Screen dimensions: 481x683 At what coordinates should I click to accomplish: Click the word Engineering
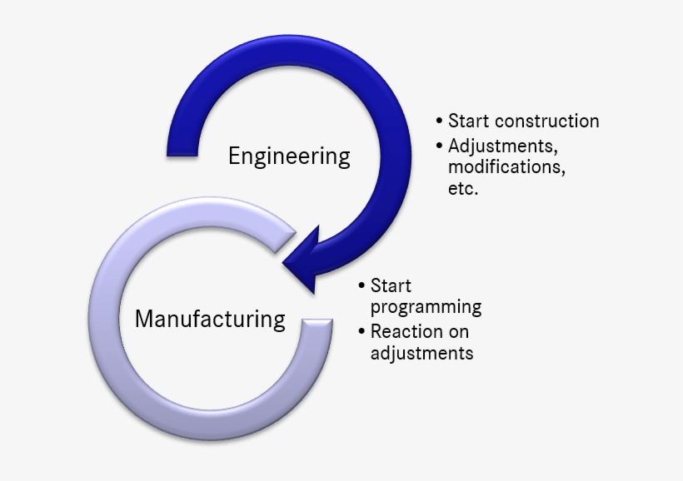pos(289,156)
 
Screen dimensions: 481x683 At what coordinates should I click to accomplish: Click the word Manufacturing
pos(210,319)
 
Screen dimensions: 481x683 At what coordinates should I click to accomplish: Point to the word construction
pos(546,121)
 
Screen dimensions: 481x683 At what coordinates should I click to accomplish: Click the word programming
pos(426,306)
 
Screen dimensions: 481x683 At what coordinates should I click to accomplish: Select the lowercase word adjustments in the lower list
pos(421,353)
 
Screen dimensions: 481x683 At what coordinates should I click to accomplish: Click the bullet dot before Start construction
pos(439,121)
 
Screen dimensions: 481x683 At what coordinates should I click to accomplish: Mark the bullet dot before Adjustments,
pos(439,146)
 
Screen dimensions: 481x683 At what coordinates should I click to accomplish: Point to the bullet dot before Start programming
pos(361,286)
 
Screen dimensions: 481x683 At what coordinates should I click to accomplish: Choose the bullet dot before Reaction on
pos(361,331)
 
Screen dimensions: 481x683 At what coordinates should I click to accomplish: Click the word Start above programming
pos(391,286)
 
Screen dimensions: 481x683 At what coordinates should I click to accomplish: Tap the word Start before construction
pos(468,121)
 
